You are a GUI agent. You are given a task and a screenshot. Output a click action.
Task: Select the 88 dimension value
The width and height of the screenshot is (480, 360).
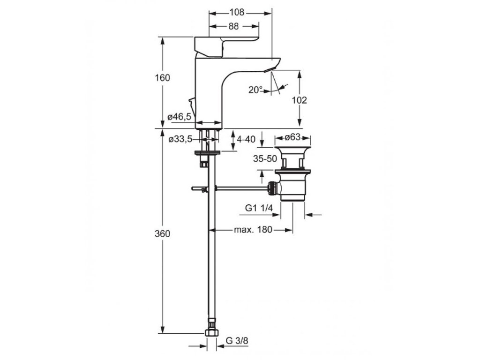point(233,27)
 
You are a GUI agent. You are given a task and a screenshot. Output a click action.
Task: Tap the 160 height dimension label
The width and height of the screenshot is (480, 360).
point(163,78)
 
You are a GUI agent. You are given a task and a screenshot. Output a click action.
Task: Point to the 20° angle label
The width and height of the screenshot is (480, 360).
point(255,90)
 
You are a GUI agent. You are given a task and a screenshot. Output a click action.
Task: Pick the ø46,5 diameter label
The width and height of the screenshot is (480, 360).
point(179,117)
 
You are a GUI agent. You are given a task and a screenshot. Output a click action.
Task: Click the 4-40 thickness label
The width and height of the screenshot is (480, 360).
point(247,139)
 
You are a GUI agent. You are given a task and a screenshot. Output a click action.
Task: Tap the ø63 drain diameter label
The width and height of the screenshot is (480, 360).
point(293,138)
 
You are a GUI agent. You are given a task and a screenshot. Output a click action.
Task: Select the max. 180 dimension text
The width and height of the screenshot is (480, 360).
point(254,230)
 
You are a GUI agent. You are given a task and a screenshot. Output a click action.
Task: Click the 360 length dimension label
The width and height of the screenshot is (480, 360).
point(163,234)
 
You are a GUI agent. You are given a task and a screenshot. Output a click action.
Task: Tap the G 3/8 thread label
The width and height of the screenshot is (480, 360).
point(237,341)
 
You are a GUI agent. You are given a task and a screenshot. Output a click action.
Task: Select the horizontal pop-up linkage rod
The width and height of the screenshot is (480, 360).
point(239,188)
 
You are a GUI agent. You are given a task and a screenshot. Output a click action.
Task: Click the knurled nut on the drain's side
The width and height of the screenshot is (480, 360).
point(271,188)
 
